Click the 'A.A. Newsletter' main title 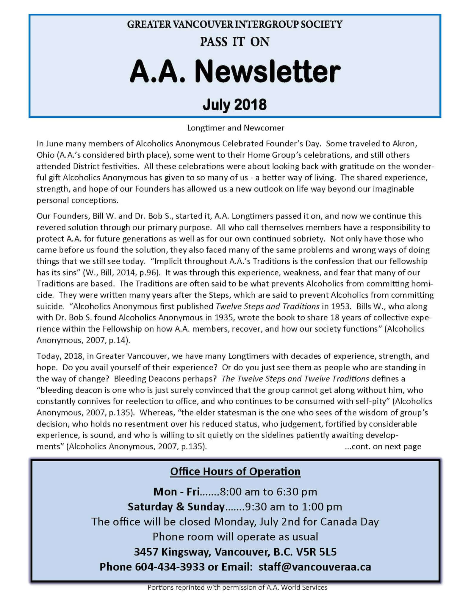coord(235,72)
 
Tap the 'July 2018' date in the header coord(235,105)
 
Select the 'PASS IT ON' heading coord(235,42)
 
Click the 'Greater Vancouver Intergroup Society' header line coord(235,24)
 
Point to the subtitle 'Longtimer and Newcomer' coord(235,128)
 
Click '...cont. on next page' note coord(383,446)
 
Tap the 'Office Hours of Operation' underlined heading coord(235,471)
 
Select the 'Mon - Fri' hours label coord(176,492)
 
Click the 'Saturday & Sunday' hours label coord(176,507)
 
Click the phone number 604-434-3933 coord(170,567)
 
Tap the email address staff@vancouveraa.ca coord(315,567)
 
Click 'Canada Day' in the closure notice coord(349,522)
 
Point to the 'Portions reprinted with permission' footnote coord(237,588)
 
